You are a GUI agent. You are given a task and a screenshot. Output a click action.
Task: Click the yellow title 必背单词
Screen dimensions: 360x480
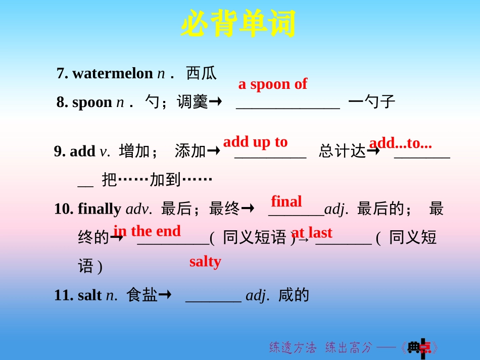[x=238, y=24]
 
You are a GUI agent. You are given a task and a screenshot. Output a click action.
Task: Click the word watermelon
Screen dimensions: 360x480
[x=112, y=74]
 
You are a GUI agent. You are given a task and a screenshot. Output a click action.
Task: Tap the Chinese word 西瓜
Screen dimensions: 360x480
[x=201, y=74]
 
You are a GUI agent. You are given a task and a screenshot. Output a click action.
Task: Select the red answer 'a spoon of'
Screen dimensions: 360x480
[x=272, y=84]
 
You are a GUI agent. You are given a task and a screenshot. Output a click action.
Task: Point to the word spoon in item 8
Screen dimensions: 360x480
[x=92, y=102]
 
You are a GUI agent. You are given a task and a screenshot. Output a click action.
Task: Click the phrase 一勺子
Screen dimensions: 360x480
[x=372, y=102]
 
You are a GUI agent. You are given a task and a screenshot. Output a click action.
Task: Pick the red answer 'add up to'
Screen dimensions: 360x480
[x=255, y=142]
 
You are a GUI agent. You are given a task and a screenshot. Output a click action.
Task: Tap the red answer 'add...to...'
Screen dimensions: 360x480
[x=401, y=143]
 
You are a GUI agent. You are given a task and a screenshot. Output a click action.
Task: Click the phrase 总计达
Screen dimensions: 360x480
[x=342, y=151]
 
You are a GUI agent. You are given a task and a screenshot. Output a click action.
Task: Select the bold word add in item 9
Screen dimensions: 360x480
[x=82, y=151]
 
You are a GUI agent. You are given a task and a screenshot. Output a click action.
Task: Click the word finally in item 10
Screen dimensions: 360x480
[x=100, y=209]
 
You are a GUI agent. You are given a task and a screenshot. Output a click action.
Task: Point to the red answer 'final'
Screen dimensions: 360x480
[x=286, y=201]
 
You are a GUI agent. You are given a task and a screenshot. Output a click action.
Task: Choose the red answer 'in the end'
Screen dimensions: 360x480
[x=147, y=231]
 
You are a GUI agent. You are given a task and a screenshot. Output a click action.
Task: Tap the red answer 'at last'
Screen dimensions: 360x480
[x=312, y=233]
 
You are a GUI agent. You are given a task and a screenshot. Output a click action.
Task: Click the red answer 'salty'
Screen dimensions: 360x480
[x=205, y=262]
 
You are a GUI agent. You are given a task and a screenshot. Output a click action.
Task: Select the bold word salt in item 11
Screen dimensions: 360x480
[x=90, y=295]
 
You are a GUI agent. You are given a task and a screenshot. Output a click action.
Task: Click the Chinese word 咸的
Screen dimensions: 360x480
[x=294, y=295]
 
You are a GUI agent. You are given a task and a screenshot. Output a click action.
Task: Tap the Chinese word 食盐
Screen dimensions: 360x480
[x=142, y=295]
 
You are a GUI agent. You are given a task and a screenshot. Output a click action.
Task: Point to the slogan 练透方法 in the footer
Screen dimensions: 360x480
[x=293, y=347]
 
